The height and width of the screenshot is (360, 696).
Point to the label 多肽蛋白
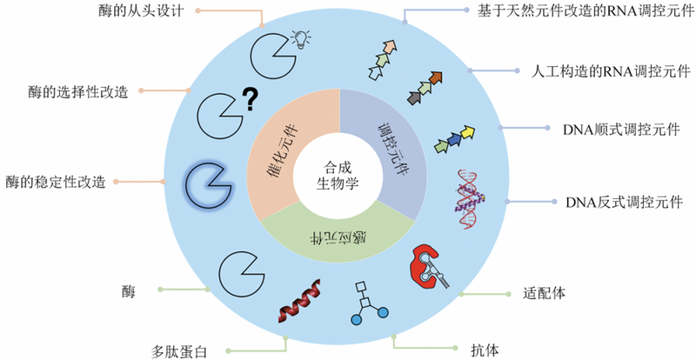point(182,350)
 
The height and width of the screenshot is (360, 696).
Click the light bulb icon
point(301,38)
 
